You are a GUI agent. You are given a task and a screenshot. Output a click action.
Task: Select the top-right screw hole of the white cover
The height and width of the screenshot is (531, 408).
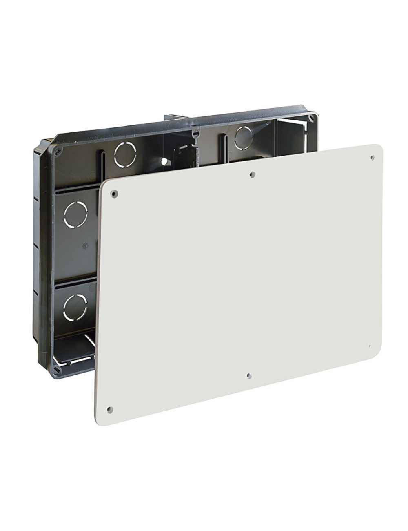point(372,157)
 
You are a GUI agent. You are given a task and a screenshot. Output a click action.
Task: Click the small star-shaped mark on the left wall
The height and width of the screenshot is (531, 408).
point(84,246)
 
